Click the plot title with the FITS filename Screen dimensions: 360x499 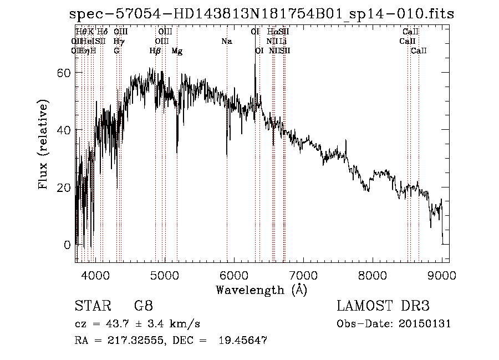(262, 14)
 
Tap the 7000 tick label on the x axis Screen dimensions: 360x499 (303, 273)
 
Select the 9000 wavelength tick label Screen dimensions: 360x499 (442, 273)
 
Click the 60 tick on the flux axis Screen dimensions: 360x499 (65, 73)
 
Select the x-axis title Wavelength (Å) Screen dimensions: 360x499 (261, 290)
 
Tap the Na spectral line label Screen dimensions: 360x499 (226, 42)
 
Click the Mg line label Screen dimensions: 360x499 (177, 51)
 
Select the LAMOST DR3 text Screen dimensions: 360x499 (383, 306)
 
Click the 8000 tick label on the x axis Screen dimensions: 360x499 (373, 273)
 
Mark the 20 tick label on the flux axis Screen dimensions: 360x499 (65, 187)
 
